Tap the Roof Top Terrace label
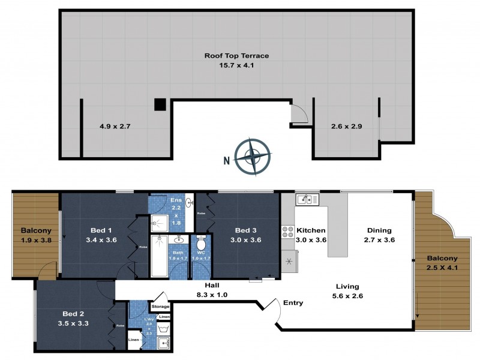click(236, 56)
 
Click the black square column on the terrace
click(160, 104)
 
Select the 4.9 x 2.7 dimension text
click(115, 127)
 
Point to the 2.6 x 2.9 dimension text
click(346, 127)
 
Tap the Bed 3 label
click(246, 230)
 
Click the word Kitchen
click(311, 230)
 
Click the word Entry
click(293, 303)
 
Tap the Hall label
click(213, 286)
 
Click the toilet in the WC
click(201, 245)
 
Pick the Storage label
click(160, 307)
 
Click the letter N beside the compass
click(226, 160)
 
